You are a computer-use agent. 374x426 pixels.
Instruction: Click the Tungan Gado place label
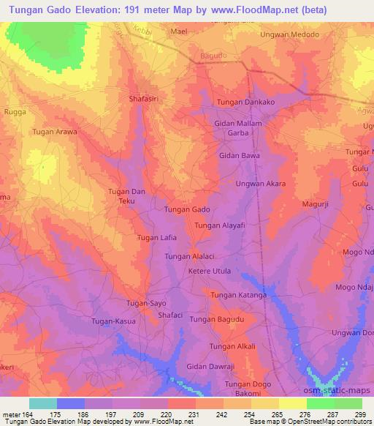pos(187,209)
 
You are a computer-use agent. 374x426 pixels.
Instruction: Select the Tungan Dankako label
pos(244,102)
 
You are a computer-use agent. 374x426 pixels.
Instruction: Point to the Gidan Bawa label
pos(240,155)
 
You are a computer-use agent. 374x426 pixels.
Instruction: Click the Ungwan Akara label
pos(260,184)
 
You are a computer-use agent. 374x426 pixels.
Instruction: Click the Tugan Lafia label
pos(158,238)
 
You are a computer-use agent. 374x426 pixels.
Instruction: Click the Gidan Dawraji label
pos(210,365)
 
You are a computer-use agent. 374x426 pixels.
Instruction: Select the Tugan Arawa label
pos(55,132)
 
